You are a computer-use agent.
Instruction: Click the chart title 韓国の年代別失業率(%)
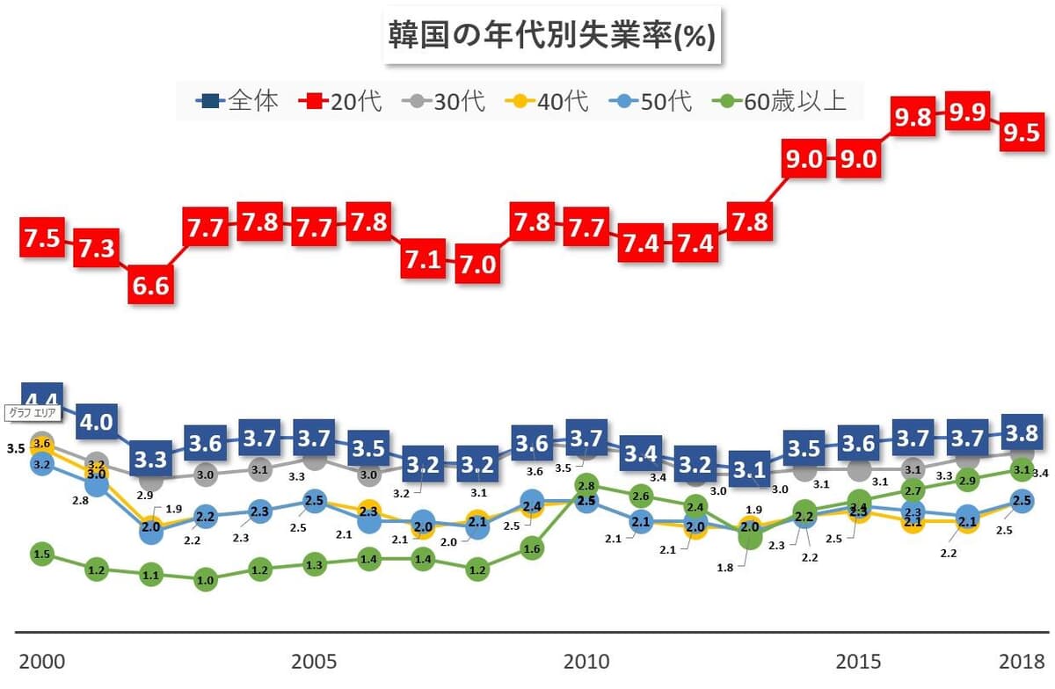pos(551,37)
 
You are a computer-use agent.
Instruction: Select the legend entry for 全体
pos(237,101)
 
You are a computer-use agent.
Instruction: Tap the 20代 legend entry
pos(342,101)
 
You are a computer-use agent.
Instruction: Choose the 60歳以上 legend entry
pos(782,101)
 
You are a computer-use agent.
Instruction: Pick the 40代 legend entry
pos(546,101)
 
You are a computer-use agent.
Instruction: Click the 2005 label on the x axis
pos(314,662)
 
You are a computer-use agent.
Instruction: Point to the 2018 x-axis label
pos(1021,662)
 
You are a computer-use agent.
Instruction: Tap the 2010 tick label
pos(586,662)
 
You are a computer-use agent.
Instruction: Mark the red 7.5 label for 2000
pos(42,238)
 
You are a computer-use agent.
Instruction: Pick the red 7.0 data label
pos(477,261)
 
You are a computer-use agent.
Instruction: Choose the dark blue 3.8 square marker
pos(1021,432)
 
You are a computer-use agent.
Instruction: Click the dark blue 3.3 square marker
pos(150,459)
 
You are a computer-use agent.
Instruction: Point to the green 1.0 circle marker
pos(205,580)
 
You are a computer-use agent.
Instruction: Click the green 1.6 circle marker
pos(531,548)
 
